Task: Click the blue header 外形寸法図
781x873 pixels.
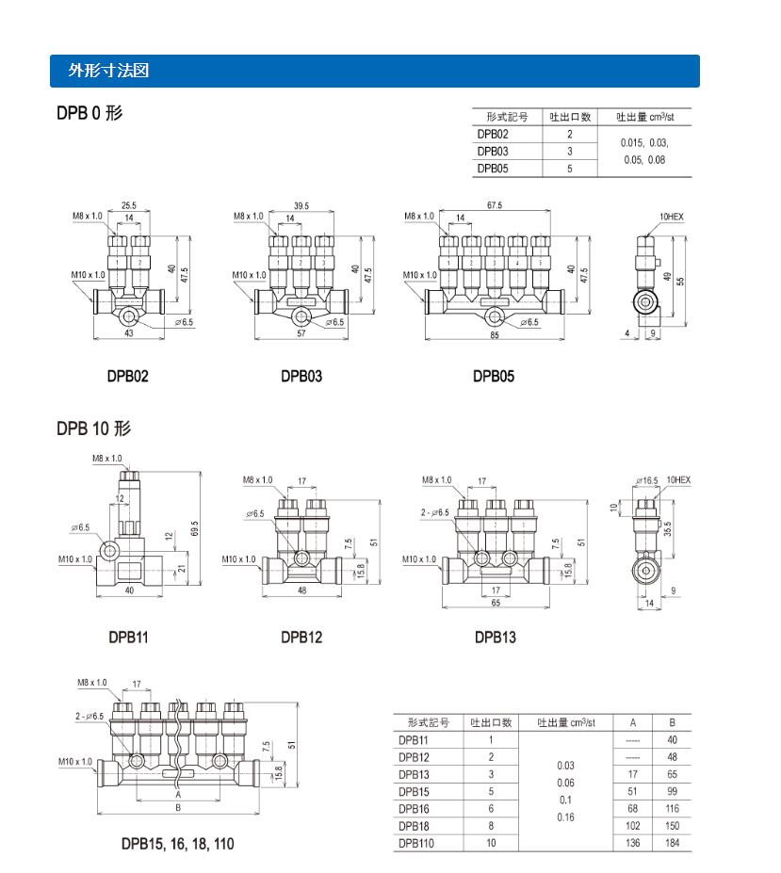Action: tap(109, 71)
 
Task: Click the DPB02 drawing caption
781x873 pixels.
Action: tap(127, 377)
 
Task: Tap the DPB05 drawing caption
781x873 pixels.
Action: tap(494, 377)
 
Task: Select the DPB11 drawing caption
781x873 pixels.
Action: tap(127, 637)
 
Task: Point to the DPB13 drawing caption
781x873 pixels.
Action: tap(495, 637)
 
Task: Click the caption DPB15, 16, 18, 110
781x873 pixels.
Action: tap(177, 844)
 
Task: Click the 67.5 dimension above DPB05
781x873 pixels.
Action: tap(494, 205)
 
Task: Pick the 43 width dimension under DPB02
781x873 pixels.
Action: tap(129, 333)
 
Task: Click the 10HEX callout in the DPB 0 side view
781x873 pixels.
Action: tap(672, 218)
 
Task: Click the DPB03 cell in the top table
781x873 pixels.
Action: tap(493, 151)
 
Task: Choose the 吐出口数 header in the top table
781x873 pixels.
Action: tap(570, 118)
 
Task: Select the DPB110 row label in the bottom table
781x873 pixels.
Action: tap(416, 843)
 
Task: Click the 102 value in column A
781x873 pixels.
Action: tap(633, 826)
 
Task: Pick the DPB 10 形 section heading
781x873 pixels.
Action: tap(93, 429)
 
